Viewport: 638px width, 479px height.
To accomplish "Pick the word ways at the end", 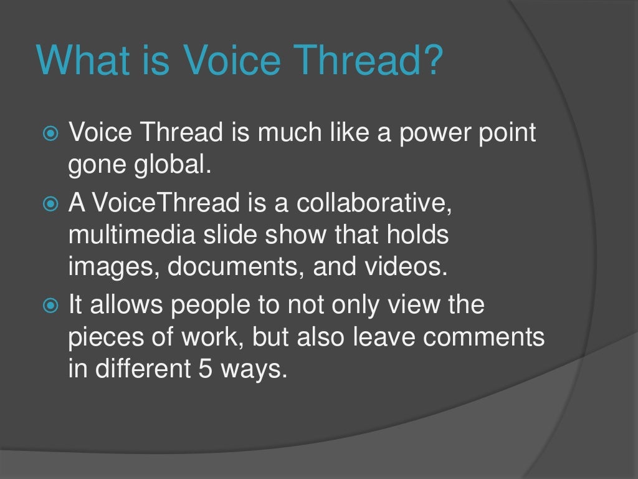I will pyautogui.click(x=252, y=370).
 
